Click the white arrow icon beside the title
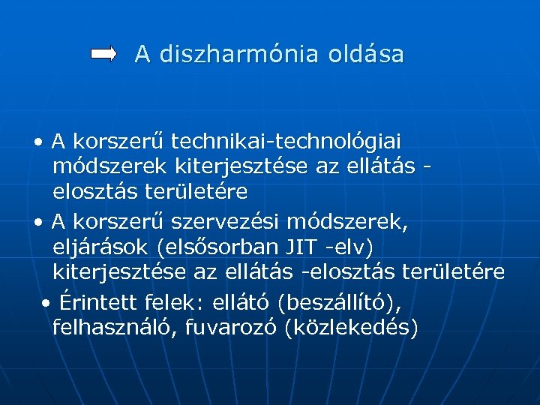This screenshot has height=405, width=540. point(103,54)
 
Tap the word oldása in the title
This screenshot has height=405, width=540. point(369,54)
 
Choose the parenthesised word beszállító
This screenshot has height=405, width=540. point(340,302)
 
